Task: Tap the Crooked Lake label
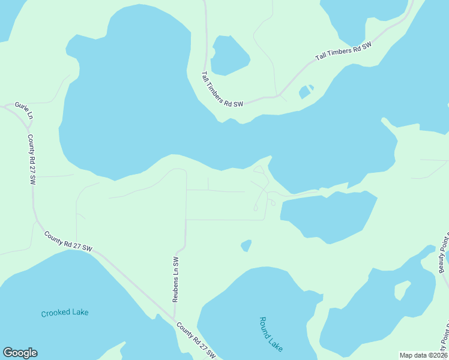65,313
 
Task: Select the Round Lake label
271,334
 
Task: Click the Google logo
20,353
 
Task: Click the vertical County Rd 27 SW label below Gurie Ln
32,159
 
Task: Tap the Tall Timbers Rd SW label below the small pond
221,89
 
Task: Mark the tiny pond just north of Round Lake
246,245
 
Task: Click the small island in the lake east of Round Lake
402,291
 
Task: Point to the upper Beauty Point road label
443,252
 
